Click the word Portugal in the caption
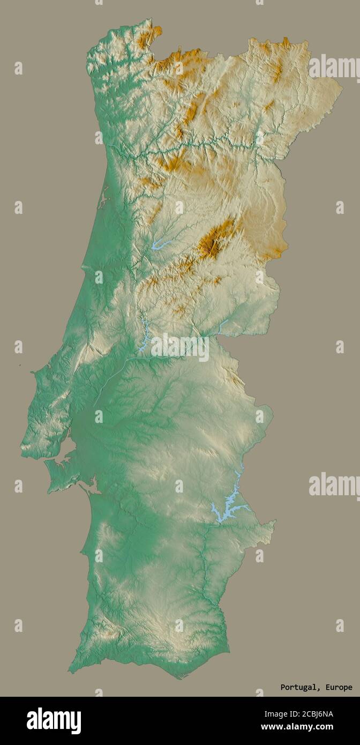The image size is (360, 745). coord(298,687)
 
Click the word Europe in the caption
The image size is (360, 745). coord(337,687)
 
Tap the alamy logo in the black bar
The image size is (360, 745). coord(54,721)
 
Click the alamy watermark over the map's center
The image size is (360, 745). coord(180,348)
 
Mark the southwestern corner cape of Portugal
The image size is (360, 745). coord(71,670)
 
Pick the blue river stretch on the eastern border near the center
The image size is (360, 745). coord(222,326)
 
